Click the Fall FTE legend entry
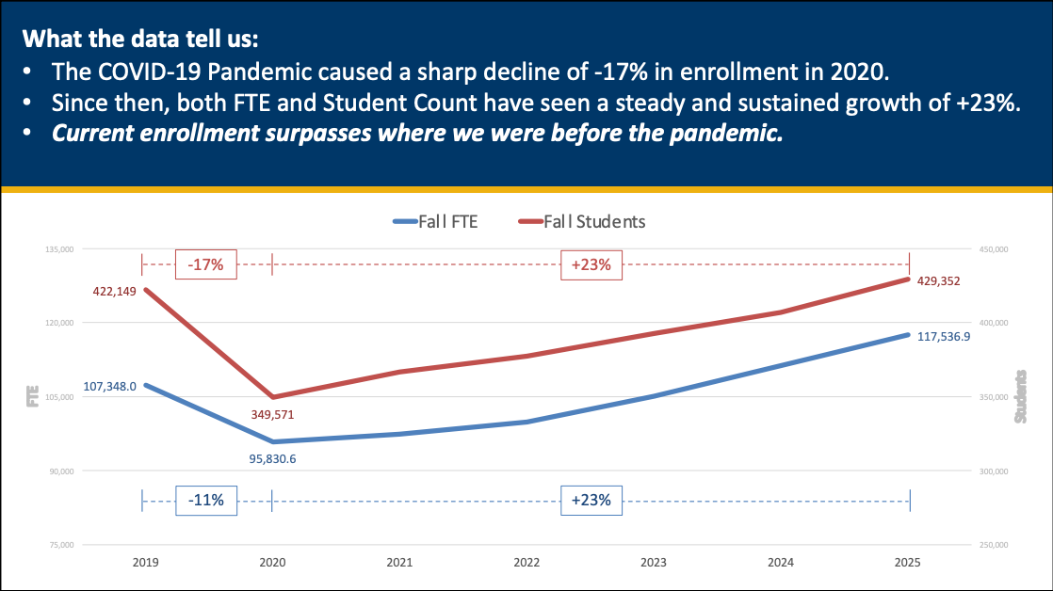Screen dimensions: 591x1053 tap(435, 222)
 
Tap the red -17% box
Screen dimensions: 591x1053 tap(205, 264)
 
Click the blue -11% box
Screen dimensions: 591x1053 tap(205, 501)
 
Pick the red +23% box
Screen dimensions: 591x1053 tap(591, 264)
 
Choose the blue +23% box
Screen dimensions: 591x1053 tap(591, 501)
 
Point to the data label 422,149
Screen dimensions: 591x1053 tap(114, 292)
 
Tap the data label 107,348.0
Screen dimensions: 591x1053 tap(109, 386)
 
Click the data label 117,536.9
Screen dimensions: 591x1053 tap(943, 334)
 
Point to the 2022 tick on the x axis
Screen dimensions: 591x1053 tap(526, 563)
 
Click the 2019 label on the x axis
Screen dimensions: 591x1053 tap(145, 563)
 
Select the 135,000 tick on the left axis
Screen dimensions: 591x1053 tap(59, 249)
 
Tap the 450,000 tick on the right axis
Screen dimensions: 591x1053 tap(995, 249)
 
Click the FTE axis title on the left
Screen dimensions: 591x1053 tap(32, 397)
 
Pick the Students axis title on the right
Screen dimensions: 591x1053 tap(1022, 396)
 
